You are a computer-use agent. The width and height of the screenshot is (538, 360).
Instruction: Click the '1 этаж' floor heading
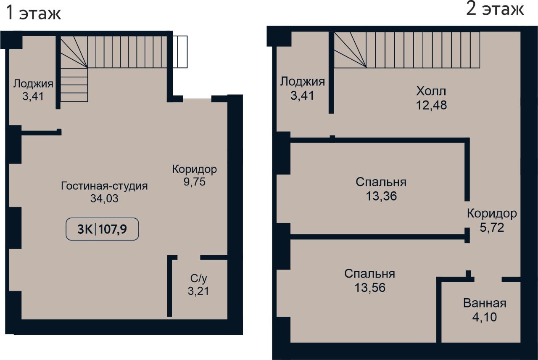[x=33, y=13]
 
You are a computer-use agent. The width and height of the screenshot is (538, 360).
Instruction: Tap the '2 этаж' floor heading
[x=495, y=10]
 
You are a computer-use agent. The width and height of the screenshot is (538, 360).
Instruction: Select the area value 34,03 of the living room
[x=104, y=199]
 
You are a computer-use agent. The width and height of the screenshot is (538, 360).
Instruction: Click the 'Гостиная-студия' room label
[x=104, y=186]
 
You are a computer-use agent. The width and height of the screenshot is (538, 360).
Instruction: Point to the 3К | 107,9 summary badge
[x=102, y=229]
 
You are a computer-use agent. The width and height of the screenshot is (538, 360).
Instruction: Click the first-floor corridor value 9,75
[x=195, y=182]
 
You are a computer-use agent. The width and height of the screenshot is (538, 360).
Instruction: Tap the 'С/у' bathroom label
[x=198, y=278]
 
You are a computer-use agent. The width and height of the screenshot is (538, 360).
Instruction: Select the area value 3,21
[x=198, y=291]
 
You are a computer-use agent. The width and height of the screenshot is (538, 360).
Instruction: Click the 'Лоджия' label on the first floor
[x=33, y=84]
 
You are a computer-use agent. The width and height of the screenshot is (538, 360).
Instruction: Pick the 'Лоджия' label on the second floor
[x=302, y=82]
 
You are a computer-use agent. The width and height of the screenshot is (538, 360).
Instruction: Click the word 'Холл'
[x=431, y=91]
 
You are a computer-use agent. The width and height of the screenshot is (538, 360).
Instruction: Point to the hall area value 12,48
[x=431, y=105]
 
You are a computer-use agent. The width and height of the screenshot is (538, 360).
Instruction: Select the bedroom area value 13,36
[x=381, y=196]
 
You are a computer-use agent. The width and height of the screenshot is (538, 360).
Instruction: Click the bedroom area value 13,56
[x=370, y=287]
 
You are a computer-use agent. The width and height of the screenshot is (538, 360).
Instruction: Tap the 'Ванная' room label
[x=485, y=303]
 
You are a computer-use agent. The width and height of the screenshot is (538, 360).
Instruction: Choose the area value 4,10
[x=485, y=317]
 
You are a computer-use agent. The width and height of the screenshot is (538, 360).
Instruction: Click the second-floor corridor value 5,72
[x=492, y=228]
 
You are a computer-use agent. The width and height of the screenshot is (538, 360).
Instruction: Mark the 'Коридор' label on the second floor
[x=492, y=214]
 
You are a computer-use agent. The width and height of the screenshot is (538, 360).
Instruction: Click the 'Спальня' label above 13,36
[x=381, y=182]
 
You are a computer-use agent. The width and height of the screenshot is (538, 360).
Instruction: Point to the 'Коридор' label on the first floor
[x=195, y=169]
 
